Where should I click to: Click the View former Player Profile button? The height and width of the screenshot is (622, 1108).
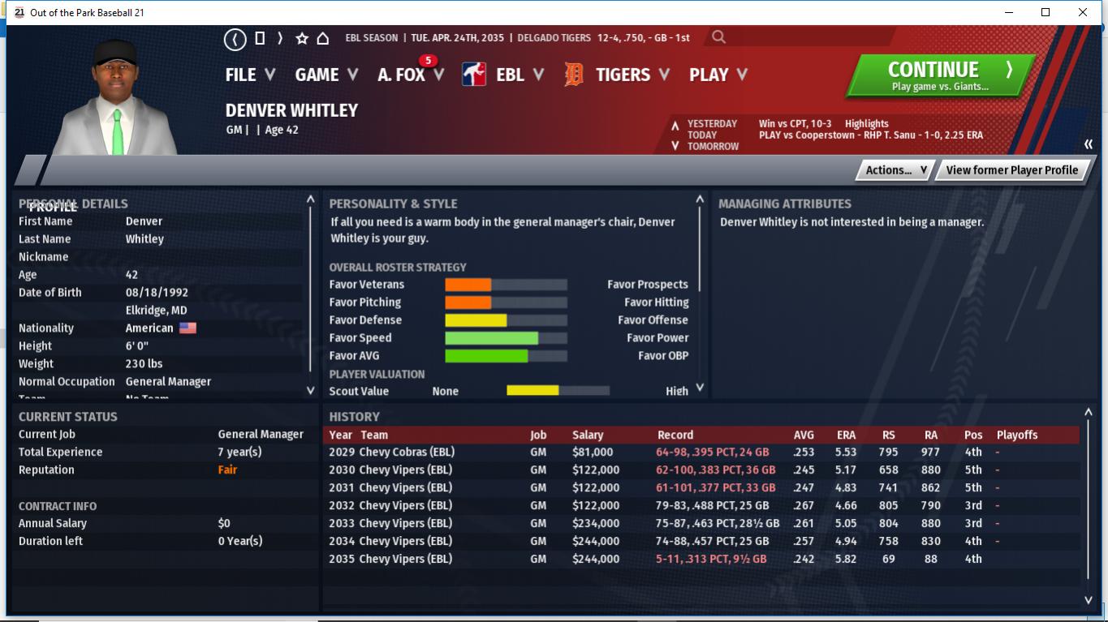click(1011, 169)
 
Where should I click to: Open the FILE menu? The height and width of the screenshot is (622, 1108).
click(249, 75)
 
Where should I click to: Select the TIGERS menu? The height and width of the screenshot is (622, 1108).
click(622, 75)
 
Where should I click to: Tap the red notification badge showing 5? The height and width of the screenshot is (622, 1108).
click(428, 61)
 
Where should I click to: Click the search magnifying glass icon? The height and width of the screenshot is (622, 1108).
click(718, 37)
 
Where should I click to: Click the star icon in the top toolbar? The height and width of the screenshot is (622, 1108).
click(302, 38)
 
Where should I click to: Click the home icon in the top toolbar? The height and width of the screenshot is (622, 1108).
click(322, 38)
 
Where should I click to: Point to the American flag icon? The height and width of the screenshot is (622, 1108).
click(188, 328)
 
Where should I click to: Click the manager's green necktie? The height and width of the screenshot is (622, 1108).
click(118, 133)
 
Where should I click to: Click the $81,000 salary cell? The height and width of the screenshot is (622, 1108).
click(593, 452)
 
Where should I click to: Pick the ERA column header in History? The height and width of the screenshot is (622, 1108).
click(846, 435)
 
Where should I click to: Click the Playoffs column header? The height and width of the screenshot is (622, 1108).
click(1016, 435)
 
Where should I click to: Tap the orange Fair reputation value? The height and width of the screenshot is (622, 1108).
click(227, 470)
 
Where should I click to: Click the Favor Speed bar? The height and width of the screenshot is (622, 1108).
click(506, 338)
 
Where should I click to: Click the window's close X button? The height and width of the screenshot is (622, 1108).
click(1083, 12)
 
